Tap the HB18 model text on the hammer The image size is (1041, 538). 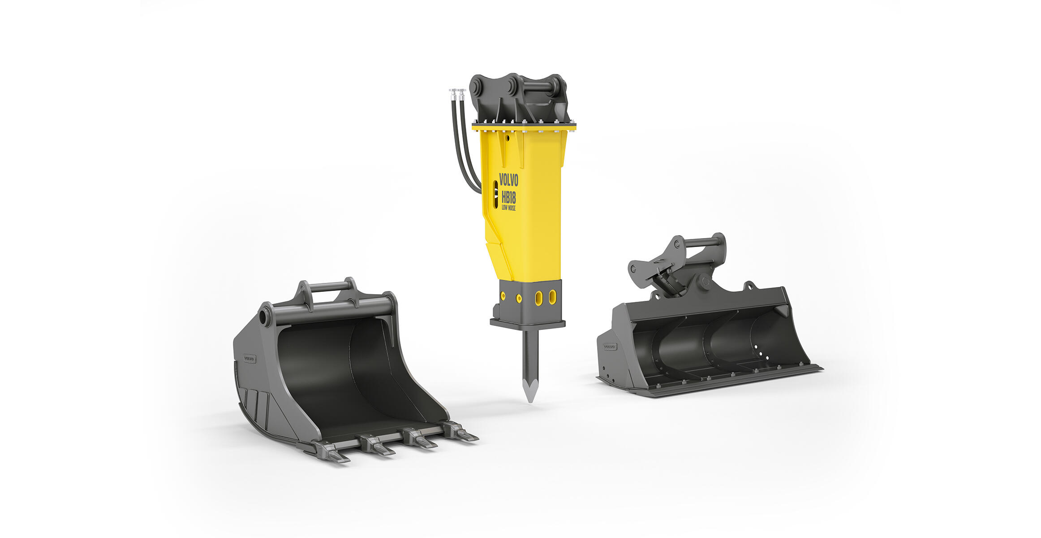(509, 197)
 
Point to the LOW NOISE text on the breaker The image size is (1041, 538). (508, 208)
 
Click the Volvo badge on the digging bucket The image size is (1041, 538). (249, 359)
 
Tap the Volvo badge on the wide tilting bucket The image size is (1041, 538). (610, 347)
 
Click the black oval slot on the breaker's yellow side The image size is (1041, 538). (495, 194)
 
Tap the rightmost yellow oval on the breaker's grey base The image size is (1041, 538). (553, 297)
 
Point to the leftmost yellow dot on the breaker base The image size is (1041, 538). (503, 296)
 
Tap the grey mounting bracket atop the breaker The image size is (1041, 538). (520, 101)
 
